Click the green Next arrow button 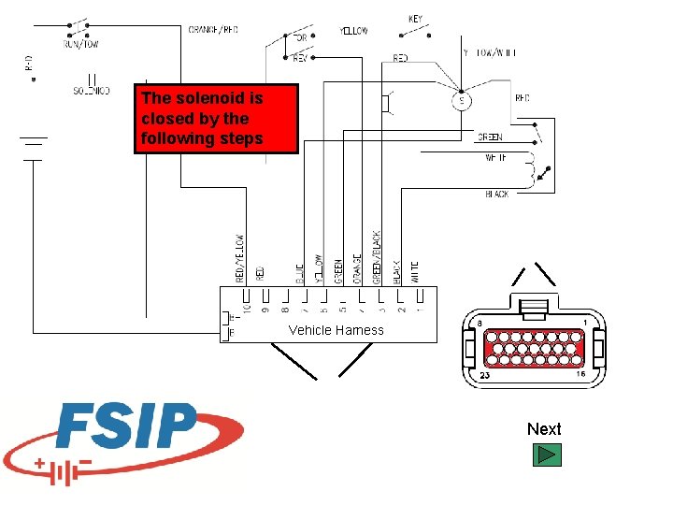pos(547,455)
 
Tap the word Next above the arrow pos(544,429)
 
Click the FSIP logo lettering pos(126,426)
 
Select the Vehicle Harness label pos(336,330)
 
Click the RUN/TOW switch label pos(81,44)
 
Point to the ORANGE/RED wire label pos(213,30)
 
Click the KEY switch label pos(416,19)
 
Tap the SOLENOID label pos(92,91)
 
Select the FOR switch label pos(300,38)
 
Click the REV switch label pos(300,58)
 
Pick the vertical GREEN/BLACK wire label pos(377,257)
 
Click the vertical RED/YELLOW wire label pos(240,258)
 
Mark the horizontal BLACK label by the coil pos(497,195)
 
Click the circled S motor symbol pos(461,100)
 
